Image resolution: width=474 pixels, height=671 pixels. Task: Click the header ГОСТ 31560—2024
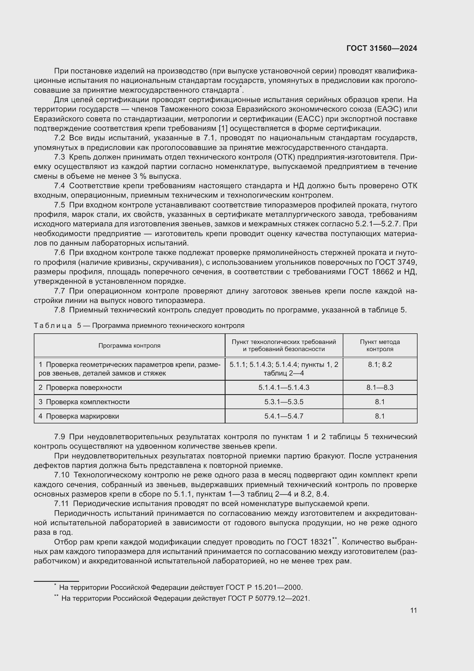pos(381,48)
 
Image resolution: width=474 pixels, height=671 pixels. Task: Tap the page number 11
pos(413,610)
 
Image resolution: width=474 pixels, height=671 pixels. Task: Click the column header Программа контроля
pos(129,345)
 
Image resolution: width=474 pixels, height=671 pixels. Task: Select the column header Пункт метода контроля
pos(380,345)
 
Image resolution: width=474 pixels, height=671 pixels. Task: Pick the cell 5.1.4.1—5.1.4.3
pos(284,388)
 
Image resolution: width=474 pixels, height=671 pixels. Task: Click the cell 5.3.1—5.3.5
pos(284,402)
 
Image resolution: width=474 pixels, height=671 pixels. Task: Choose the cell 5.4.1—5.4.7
pos(284,416)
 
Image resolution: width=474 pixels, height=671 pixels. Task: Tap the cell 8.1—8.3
pos(380,388)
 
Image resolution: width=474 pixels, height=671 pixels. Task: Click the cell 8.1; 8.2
pos(380,365)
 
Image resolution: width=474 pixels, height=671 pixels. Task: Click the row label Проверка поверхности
pos(84,388)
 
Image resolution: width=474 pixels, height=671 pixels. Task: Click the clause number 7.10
pos(62,475)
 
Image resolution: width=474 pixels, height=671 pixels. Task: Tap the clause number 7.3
pos(60,157)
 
